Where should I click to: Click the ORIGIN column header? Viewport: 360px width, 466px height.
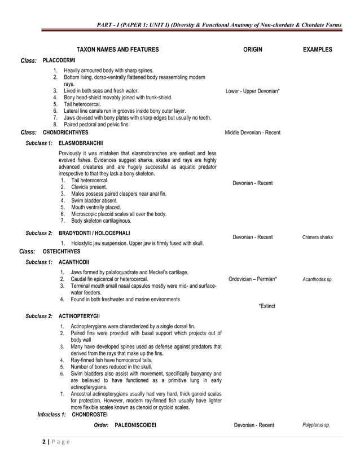[252, 50]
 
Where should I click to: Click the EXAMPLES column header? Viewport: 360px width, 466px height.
[317, 50]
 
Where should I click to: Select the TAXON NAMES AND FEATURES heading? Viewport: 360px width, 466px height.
[117, 50]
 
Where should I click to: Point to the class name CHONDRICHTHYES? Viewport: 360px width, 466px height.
[65, 132]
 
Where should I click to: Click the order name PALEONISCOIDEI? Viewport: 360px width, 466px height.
[135, 425]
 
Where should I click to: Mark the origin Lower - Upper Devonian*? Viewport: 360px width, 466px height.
[252, 91]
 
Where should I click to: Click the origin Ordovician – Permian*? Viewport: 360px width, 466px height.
[253, 279]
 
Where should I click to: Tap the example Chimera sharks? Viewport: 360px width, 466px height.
[317, 238]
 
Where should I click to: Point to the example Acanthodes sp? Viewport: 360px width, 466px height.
[318, 279]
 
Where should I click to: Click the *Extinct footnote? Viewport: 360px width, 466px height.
[267, 306]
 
